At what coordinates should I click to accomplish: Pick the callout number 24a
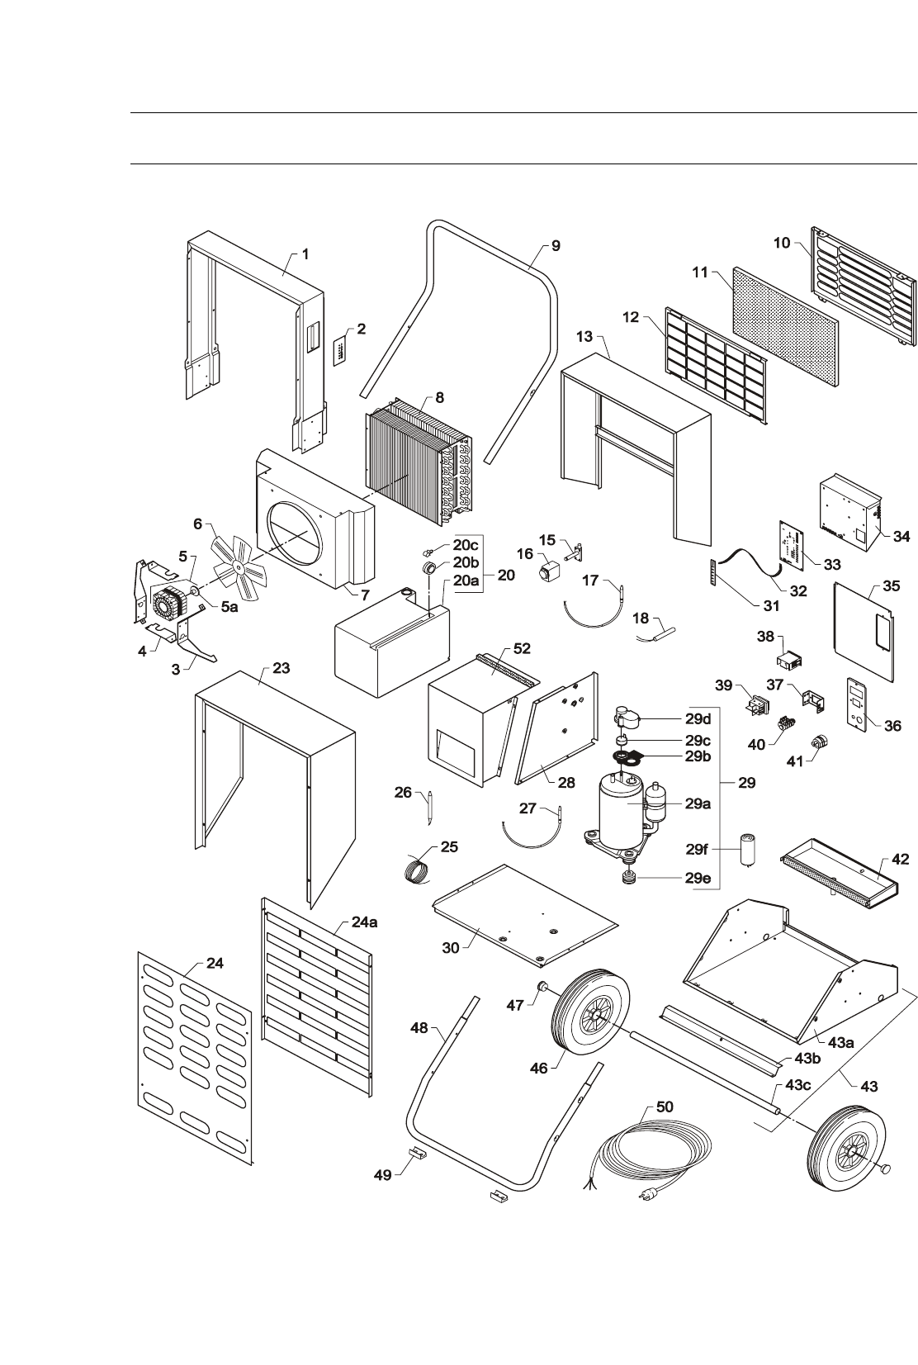point(364,922)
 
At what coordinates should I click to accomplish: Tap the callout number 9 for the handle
point(556,245)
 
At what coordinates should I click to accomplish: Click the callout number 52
point(522,650)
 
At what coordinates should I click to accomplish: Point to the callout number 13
point(584,336)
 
